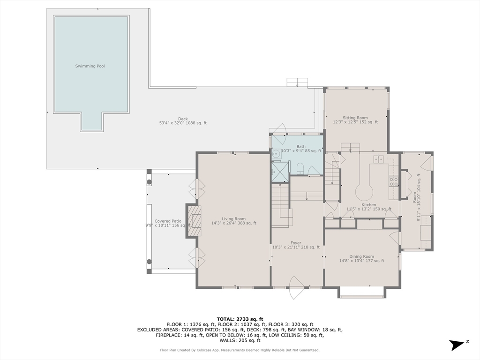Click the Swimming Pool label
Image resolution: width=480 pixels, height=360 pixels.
pyautogui.click(x=90, y=66)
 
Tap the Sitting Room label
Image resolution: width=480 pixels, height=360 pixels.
pyautogui.click(x=355, y=118)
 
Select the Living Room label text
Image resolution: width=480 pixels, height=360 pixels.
pyautogui.click(x=233, y=219)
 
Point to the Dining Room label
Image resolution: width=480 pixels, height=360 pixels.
pyautogui.click(x=361, y=256)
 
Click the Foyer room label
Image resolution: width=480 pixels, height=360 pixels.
pyautogui.click(x=296, y=243)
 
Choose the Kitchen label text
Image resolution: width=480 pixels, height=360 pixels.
pyautogui.click(x=369, y=205)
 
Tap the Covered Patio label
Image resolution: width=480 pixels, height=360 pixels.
pyautogui.click(x=168, y=221)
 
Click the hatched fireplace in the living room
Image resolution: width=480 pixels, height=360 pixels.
pyautogui.click(x=195, y=221)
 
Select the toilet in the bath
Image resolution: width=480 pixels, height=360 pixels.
pyautogui.click(x=300, y=168)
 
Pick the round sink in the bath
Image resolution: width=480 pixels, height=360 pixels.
pyautogui.click(x=277, y=154)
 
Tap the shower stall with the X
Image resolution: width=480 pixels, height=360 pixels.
pyautogui.click(x=280, y=172)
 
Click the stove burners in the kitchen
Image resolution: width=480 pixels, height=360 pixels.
pyautogui.click(x=394, y=181)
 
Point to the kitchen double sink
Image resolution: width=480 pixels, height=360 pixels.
pyautogui.click(x=379, y=159)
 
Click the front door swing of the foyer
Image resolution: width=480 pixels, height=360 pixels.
pyautogui.click(x=296, y=288)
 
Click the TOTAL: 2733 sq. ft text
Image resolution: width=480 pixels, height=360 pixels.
pyautogui.click(x=240, y=319)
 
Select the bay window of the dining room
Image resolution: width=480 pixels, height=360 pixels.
pyautogui.click(x=362, y=292)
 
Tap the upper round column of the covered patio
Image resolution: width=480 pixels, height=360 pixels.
pyautogui.click(x=149, y=182)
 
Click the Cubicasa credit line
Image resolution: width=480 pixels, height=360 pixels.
pyautogui.click(x=240, y=350)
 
